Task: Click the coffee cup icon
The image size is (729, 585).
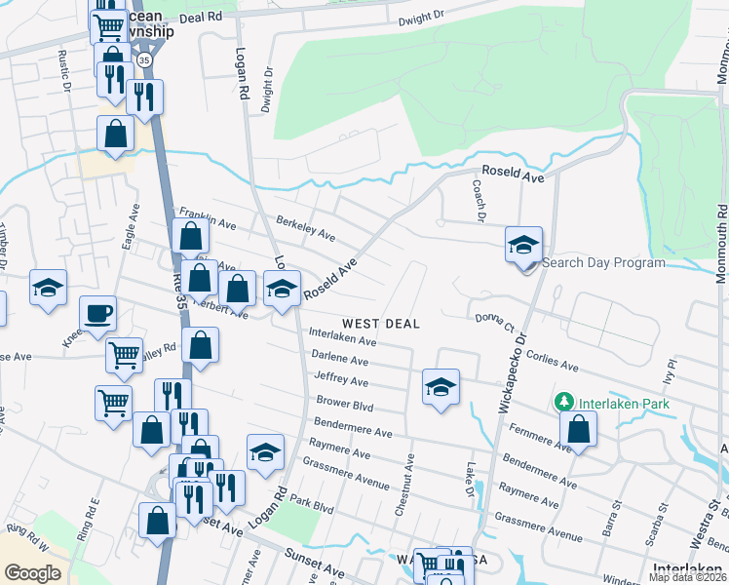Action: (x=96, y=314)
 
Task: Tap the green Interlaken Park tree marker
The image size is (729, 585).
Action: (x=563, y=402)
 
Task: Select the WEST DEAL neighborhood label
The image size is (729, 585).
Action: (x=380, y=324)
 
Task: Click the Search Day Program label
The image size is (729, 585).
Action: (x=603, y=262)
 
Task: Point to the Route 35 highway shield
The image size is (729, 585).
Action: (x=145, y=60)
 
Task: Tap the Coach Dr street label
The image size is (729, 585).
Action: (x=479, y=200)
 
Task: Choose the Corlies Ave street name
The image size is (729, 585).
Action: (x=553, y=364)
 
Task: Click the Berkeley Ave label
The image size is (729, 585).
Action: (x=306, y=228)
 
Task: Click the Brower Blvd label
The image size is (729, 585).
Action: (x=344, y=403)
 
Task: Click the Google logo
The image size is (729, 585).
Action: (x=32, y=573)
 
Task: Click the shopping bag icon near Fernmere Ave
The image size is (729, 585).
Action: (x=579, y=430)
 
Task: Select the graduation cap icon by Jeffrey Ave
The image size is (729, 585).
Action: (x=441, y=387)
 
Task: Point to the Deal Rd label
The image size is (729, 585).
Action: (x=201, y=18)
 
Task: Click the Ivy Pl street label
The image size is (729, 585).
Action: (x=669, y=373)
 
